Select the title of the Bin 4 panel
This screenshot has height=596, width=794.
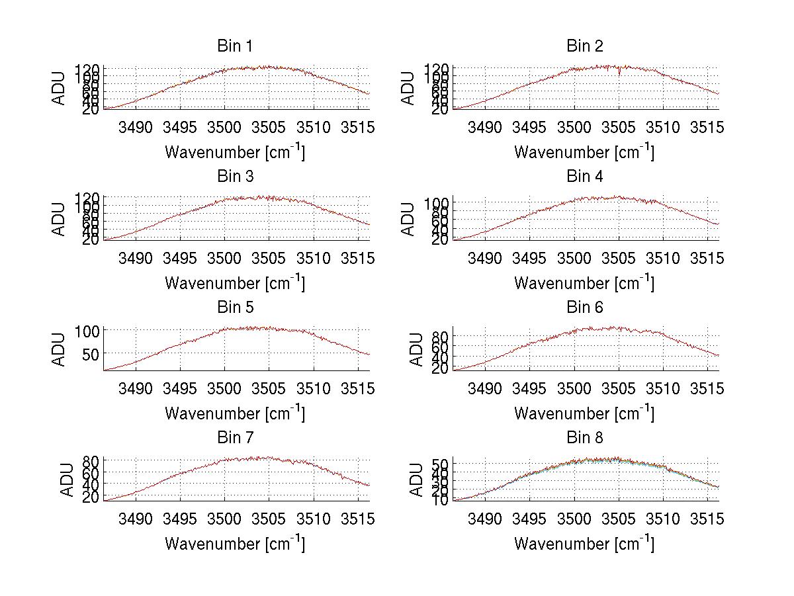pos(584,177)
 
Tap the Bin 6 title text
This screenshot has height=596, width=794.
pos(584,308)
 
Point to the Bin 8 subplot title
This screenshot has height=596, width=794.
pos(584,438)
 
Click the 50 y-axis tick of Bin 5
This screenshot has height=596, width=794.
pos(91,354)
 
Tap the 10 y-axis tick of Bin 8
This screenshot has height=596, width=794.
pos(441,499)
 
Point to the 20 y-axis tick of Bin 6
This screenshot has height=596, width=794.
pos(441,368)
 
